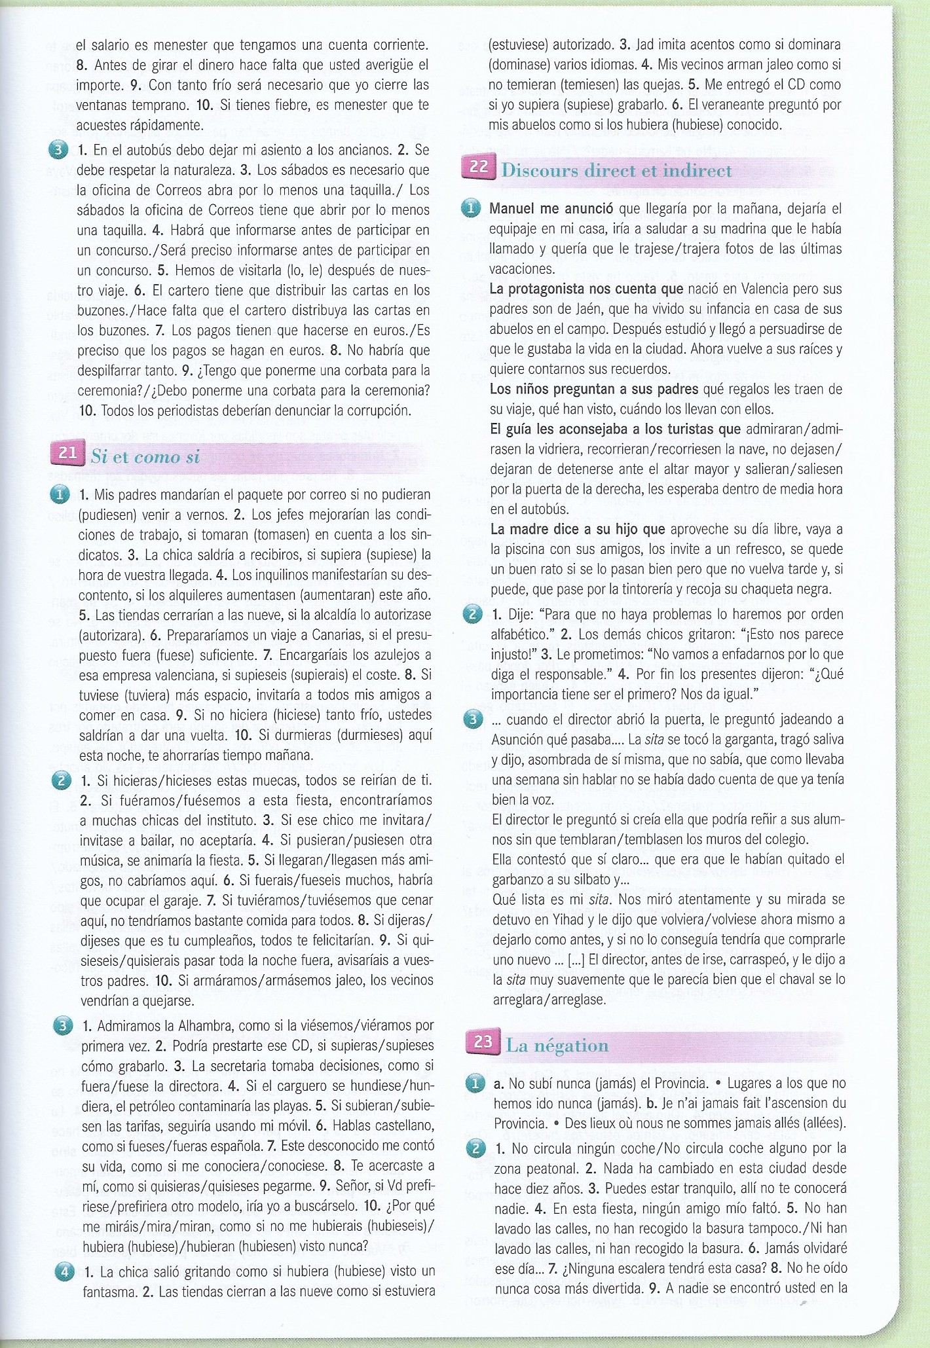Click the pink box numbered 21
(67, 453)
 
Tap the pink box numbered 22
(479, 167)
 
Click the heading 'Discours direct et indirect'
(616, 171)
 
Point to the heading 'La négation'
(557, 1046)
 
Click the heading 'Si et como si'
(145, 457)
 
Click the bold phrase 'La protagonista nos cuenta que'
(586, 289)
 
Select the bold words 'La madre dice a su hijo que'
(578, 529)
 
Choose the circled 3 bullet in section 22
(472, 719)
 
